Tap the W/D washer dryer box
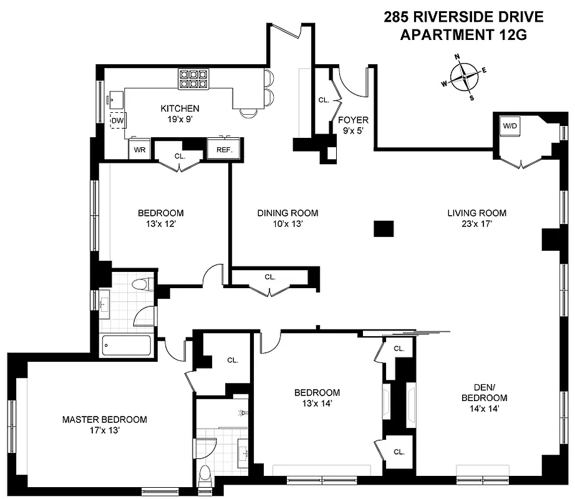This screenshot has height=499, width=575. [510, 126]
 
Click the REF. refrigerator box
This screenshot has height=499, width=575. [224, 150]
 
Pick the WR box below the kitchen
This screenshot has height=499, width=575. [140, 150]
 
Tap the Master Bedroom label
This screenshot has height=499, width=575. [105, 419]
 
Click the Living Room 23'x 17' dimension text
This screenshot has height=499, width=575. [476, 224]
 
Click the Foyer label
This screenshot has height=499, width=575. [353, 120]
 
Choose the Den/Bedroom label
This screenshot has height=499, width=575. [484, 392]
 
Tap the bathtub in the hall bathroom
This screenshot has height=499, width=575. [127, 345]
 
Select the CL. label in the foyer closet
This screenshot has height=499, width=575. [324, 100]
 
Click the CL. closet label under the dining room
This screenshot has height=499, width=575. [269, 277]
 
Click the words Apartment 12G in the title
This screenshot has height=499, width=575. [463, 35]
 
